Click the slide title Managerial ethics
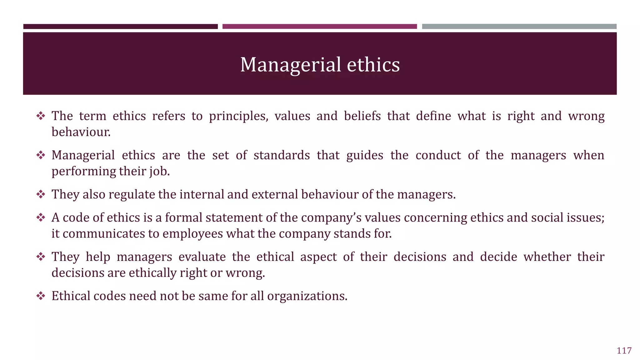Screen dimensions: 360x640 pyautogui.click(x=320, y=65)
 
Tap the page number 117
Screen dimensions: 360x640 pyautogui.click(x=624, y=351)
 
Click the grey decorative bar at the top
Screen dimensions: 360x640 pyautogui.click(x=519, y=27)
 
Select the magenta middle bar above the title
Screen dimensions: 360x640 pyautogui.click(x=319, y=27)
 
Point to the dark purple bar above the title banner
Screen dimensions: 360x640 pyautogui.click(x=120, y=27)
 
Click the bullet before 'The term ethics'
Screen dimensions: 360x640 pyautogui.click(x=41, y=116)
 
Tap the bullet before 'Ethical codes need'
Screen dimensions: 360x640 pyautogui.click(x=41, y=296)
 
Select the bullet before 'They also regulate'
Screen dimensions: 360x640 pyautogui.click(x=41, y=194)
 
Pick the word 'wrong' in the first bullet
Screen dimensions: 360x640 pyautogui.click(x=586, y=116)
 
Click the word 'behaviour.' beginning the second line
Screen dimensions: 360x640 pyautogui.click(x=81, y=132)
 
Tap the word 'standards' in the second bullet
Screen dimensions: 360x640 pyautogui.click(x=282, y=155)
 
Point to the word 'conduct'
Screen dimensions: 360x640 pyautogui.click(x=438, y=155)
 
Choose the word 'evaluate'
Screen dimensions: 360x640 pyautogui.click(x=202, y=257)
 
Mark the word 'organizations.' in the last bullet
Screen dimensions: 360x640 pyautogui.click(x=307, y=296)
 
